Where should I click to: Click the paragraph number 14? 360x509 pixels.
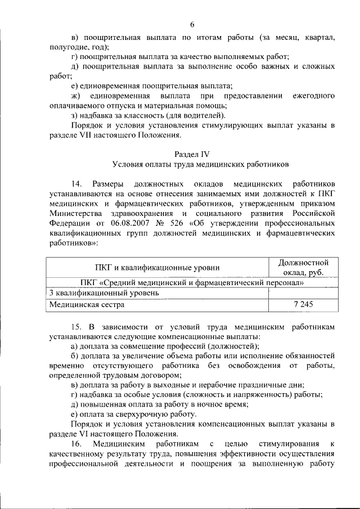coord(78,184)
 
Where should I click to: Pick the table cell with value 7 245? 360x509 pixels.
coord(304,304)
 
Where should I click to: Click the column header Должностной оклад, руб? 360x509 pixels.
coord(304,268)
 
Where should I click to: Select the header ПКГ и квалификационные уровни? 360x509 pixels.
coord(157,268)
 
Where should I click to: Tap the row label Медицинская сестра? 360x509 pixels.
coord(87,304)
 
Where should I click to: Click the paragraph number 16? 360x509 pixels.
coord(78,444)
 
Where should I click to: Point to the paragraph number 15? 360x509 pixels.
coord(78,327)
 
